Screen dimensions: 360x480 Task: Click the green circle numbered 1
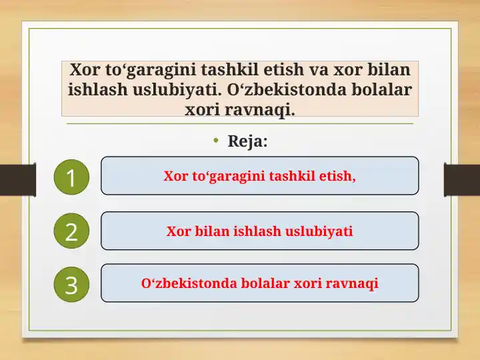pos(71,178)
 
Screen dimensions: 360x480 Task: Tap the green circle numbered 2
pos(71,231)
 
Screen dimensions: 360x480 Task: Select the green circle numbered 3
pos(71,285)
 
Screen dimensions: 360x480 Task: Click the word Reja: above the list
pos(247,141)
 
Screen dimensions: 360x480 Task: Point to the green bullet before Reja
pos(216,141)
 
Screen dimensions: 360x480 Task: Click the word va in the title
pos(317,69)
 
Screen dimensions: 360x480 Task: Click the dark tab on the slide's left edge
pos(17,179)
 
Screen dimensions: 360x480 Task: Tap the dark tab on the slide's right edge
pos(462,179)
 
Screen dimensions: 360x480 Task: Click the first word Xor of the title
pos(85,69)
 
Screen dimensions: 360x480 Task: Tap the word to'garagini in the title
pos(140,69)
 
